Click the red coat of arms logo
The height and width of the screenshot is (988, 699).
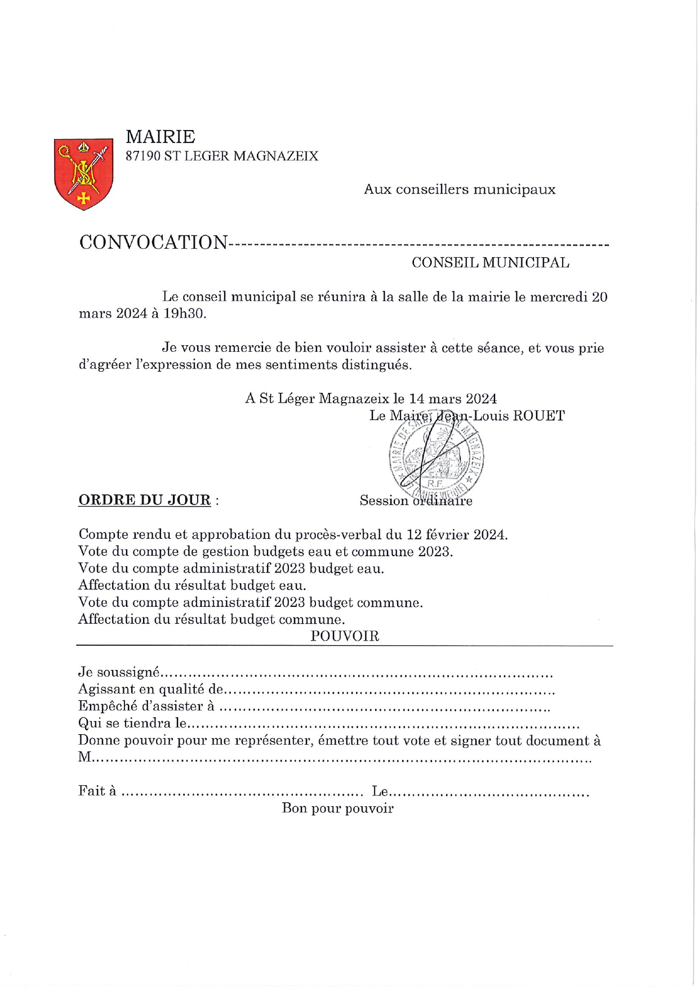(83, 174)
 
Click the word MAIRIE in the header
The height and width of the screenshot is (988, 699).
(161, 137)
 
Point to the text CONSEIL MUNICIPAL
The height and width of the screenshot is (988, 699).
(490, 262)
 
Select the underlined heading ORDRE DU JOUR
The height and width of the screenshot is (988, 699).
(144, 500)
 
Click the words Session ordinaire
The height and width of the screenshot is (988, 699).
(416, 500)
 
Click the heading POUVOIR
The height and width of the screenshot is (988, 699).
(345, 636)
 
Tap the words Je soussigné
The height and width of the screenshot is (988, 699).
(119, 672)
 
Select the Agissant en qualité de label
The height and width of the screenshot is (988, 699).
(151, 689)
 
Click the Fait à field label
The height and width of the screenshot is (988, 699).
(97, 791)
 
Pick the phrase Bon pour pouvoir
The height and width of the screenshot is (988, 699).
(337, 808)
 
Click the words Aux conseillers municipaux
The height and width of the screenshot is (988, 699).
(460, 189)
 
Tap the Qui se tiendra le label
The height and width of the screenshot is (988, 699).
(132, 723)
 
